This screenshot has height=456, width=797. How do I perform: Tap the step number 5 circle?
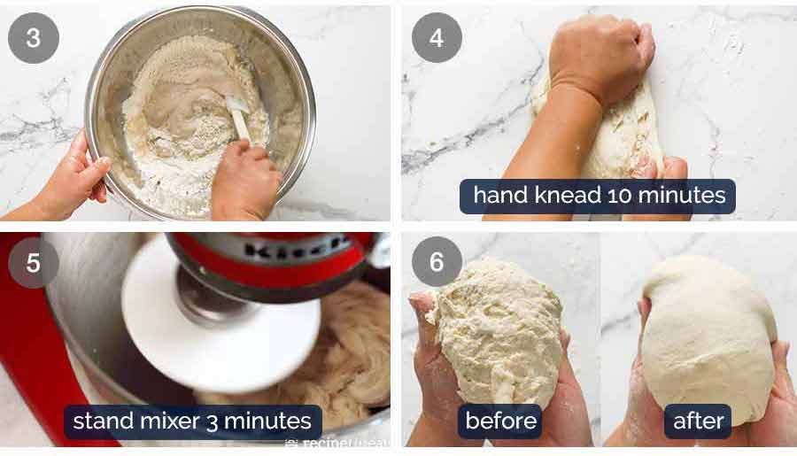34,263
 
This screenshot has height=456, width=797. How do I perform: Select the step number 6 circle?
437,263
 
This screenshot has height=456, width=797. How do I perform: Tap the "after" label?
698,421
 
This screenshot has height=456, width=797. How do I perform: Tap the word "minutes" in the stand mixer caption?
275,421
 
